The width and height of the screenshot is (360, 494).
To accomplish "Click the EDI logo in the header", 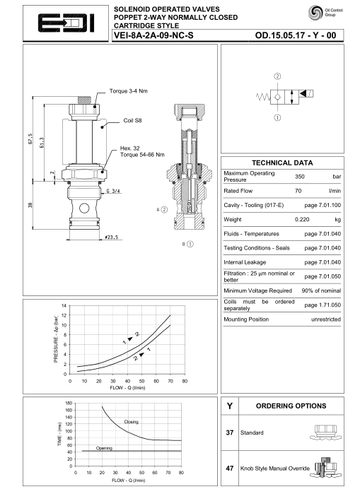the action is tap(66, 23).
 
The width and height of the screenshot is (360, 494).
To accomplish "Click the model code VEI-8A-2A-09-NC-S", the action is tap(153, 35).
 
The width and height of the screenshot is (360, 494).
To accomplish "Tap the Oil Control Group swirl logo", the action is tap(315, 13).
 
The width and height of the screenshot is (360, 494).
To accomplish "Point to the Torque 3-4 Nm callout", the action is tap(128, 91).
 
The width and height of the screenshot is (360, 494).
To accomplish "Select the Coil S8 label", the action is tap(132, 120).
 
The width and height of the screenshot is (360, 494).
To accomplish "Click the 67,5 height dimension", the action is tap(30, 139).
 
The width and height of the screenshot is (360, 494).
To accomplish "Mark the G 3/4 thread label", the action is tap(113, 191).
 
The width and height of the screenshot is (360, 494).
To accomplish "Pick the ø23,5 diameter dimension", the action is tap(112, 237).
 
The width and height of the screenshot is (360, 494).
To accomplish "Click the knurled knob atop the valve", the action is tap(84, 100).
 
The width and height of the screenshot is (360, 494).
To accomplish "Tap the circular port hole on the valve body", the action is tap(84, 208).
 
